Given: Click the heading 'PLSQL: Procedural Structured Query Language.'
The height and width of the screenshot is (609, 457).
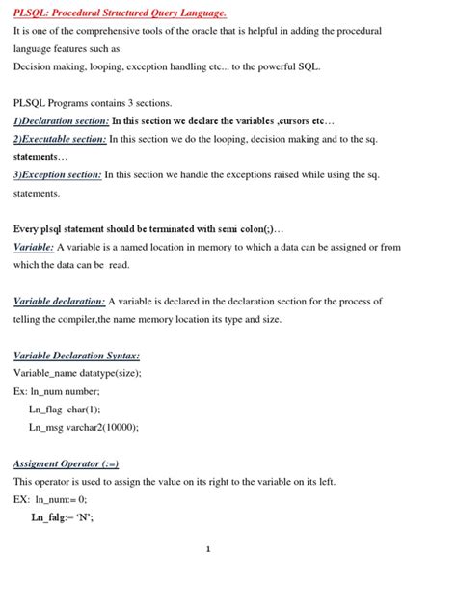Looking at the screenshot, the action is pyautogui.click(x=120, y=13).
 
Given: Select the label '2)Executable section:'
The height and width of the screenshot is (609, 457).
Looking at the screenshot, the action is pyautogui.click(x=60, y=139).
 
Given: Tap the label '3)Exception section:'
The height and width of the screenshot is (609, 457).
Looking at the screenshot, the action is pyautogui.click(x=58, y=174).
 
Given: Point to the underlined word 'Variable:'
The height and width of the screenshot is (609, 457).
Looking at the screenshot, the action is pyautogui.click(x=34, y=247).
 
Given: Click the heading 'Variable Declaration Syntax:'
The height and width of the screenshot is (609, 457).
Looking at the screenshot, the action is pyautogui.click(x=76, y=355).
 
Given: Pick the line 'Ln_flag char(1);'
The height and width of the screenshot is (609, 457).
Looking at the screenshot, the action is pyautogui.click(x=65, y=409).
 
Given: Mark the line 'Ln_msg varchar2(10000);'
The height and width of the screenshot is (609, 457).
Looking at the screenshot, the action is pyautogui.click(x=84, y=427).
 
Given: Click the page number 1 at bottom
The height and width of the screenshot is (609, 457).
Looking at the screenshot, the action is pyautogui.click(x=208, y=549).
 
